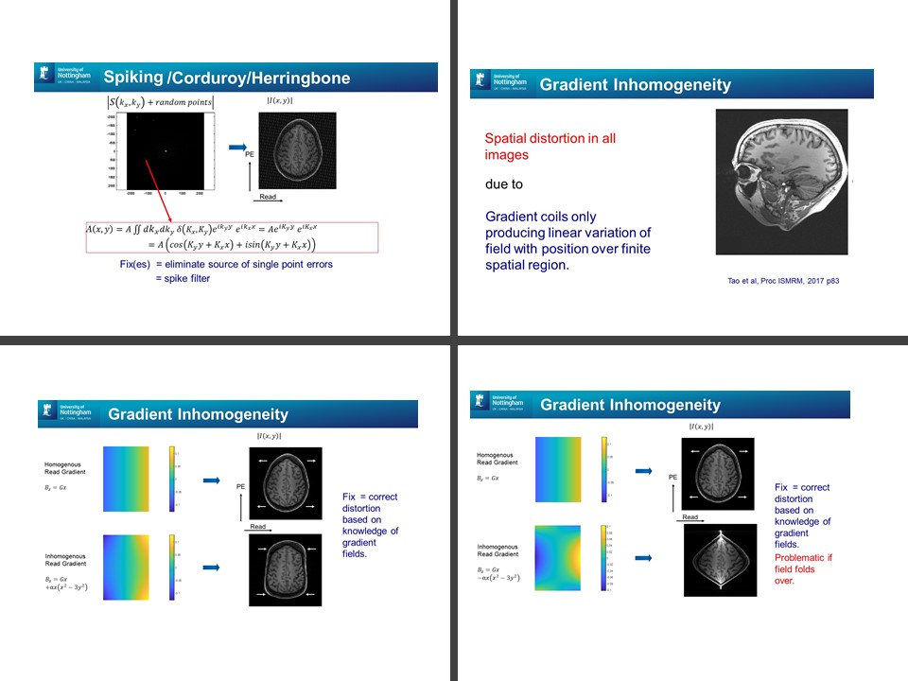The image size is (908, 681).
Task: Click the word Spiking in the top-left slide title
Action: click(x=132, y=77)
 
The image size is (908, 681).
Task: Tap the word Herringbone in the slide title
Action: click(x=305, y=78)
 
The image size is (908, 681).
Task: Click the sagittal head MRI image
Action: click(x=781, y=181)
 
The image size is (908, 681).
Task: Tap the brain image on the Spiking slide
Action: click(x=297, y=150)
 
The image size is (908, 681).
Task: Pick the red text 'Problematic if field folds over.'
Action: click(x=803, y=569)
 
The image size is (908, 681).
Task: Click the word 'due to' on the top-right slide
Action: click(x=504, y=184)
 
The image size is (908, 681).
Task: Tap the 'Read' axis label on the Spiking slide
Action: click(x=268, y=198)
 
